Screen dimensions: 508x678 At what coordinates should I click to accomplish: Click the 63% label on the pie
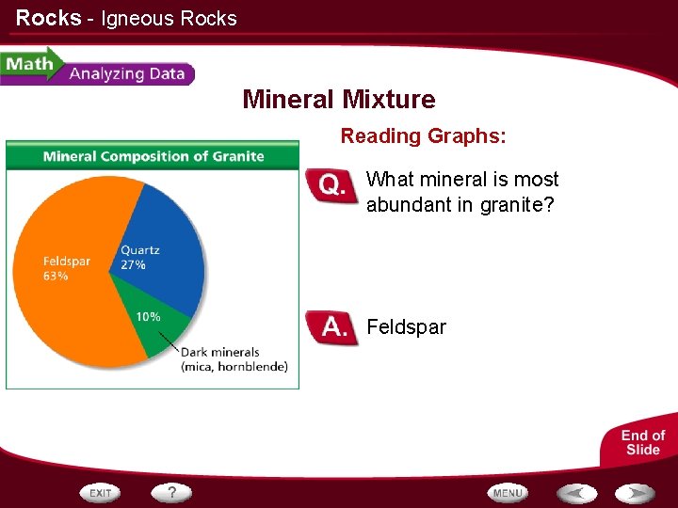click(56, 277)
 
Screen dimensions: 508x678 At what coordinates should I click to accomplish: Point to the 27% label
click(133, 265)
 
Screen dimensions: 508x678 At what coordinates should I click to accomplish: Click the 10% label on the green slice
click(148, 317)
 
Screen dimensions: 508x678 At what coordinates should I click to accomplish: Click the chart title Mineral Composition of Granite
click(153, 156)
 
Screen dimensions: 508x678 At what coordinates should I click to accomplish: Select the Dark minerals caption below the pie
click(234, 359)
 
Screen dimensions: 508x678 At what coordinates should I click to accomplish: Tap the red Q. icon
click(332, 186)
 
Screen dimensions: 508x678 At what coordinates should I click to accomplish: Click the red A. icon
click(332, 327)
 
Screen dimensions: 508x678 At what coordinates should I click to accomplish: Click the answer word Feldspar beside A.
click(406, 327)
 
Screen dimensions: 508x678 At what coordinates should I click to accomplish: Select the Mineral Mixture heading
click(339, 100)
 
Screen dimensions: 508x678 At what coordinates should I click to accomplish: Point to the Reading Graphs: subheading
click(423, 136)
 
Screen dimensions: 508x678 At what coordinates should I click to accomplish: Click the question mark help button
click(171, 492)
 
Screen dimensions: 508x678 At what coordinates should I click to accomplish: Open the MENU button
click(507, 493)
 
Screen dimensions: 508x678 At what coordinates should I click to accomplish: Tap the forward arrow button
click(636, 493)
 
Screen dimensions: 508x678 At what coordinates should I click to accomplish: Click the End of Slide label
click(642, 442)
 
